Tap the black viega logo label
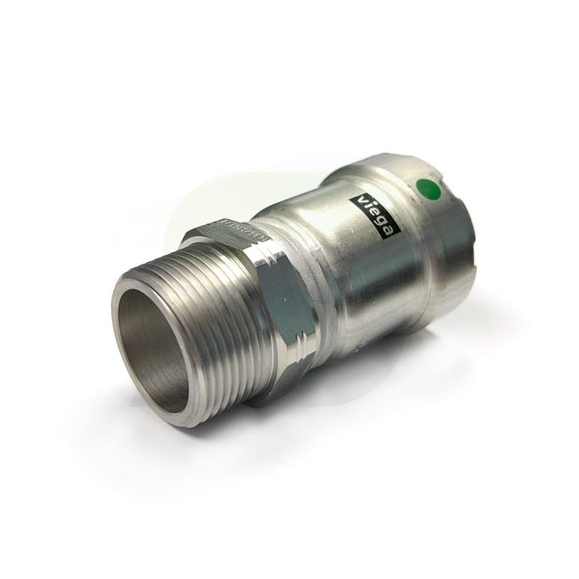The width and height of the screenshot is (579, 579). point(378,215)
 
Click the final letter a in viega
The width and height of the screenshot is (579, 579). point(391,233)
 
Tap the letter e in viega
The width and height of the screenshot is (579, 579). point(375,211)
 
